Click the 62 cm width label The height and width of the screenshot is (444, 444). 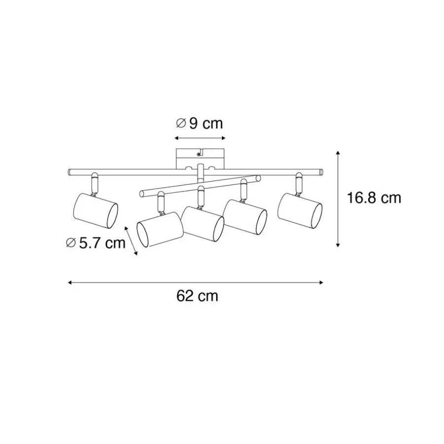[197, 296]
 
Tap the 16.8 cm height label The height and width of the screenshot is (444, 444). [374, 198]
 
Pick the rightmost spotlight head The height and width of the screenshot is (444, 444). [300, 211]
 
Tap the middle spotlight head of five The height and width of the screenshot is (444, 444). [203, 224]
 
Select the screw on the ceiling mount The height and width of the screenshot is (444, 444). [199, 154]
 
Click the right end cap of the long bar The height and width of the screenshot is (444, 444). [321, 172]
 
